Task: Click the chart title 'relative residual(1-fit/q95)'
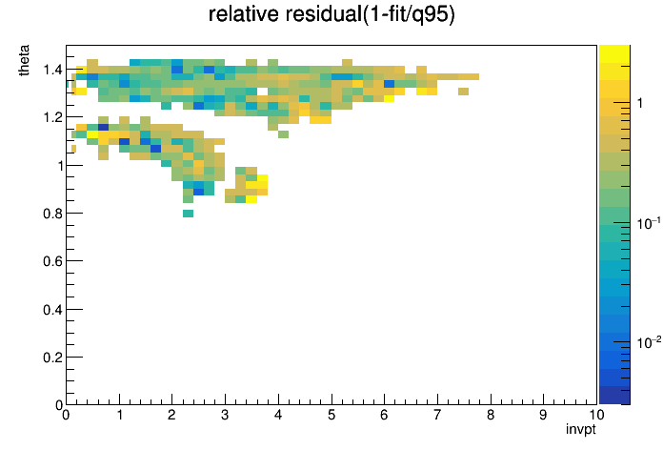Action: click(x=331, y=14)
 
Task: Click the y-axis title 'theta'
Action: click(x=24, y=60)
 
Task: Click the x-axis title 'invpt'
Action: click(x=580, y=430)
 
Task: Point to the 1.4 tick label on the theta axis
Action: click(x=52, y=70)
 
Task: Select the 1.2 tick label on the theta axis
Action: click(x=52, y=117)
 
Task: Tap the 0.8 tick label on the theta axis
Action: click(x=52, y=214)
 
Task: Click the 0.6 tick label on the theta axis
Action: click(x=52, y=261)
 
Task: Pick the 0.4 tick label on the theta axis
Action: click(x=52, y=310)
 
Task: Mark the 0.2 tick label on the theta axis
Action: click(x=52, y=358)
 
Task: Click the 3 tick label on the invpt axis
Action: click(x=225, y=415)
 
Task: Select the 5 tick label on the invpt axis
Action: click(x=331, y=415)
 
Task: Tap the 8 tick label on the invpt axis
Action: click(x=491, y=415)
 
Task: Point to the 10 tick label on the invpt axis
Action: click(x=596, y=415)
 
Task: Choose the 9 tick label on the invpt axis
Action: click(x=543, y=415)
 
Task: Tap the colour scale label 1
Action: click(x=640, y=103)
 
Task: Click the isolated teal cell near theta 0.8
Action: click(x=189, y=214)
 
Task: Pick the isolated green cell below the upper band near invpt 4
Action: click(x=283, y=134)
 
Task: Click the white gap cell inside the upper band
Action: click(x=262, y=91)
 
